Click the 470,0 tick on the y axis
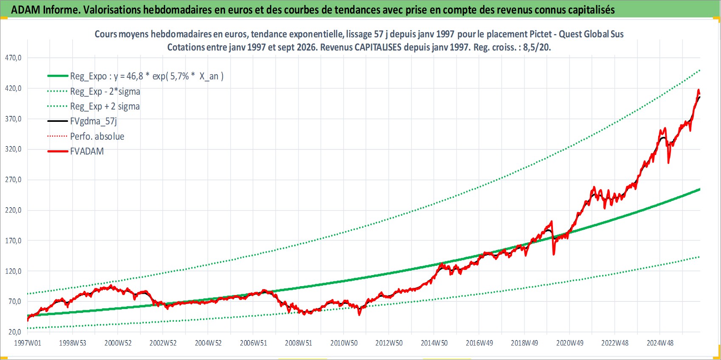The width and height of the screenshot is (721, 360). click(13, 58)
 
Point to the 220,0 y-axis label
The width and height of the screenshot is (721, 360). click(13, 210)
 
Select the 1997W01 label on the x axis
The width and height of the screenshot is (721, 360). click(27, 343)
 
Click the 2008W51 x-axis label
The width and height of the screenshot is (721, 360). click(299, 343)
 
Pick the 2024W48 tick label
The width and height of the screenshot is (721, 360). click(660, 343)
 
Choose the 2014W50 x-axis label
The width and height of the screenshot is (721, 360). click(434, 343)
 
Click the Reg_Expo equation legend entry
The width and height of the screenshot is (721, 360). click(147, 76)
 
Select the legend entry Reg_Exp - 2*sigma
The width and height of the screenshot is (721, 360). click(105, 91)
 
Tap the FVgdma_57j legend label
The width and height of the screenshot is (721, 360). click(93, 121)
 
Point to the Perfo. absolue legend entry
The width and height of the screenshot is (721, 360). click(97, 136)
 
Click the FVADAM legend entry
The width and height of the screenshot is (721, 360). click(87, 151)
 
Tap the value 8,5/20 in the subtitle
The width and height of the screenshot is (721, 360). click(537, 47)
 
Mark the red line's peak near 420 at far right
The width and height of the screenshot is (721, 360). click(698, 90)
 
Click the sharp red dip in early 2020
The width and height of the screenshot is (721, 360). click(554, 254)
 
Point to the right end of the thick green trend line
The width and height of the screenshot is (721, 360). click(700, 189)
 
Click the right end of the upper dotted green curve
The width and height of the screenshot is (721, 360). click(700, 70)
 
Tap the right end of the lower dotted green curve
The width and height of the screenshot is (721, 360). click(699, 257)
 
